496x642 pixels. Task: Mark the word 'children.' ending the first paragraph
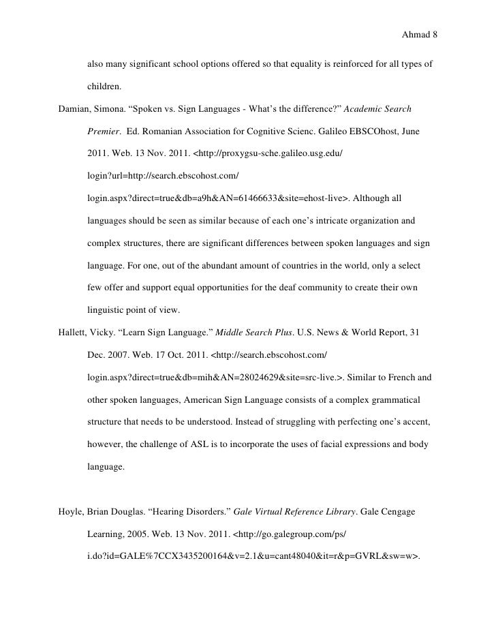pos(104,87)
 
